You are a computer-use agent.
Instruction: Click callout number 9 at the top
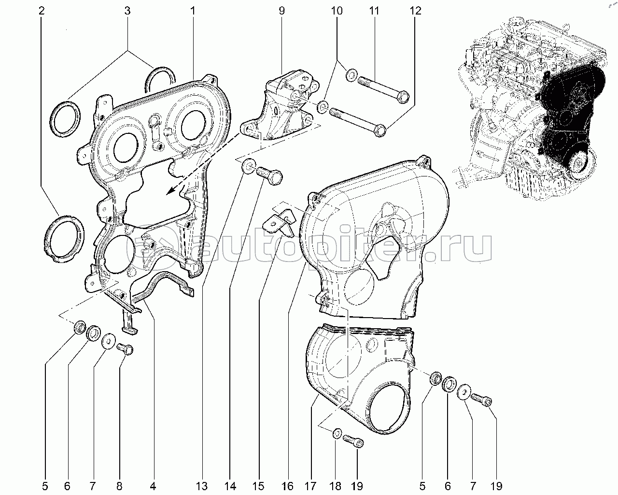click(281, 11)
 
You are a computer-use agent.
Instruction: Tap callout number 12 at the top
click(416, 11)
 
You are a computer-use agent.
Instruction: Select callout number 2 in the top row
click(42, 11)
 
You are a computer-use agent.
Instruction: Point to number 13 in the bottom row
click(202, 486)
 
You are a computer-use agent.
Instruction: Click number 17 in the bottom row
click(310, 486)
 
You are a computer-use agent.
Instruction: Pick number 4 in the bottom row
click(153, 486)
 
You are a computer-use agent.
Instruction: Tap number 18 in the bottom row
click(336, 486)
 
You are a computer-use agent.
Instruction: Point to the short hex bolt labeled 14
click(268, 175)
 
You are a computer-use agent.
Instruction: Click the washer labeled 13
click(248, 167)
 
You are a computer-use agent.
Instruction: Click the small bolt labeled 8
click(125, 349)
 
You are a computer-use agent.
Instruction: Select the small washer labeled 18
click(337, 434)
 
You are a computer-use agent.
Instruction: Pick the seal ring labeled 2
click(64, 238)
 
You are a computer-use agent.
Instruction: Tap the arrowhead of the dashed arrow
click(172, 189)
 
